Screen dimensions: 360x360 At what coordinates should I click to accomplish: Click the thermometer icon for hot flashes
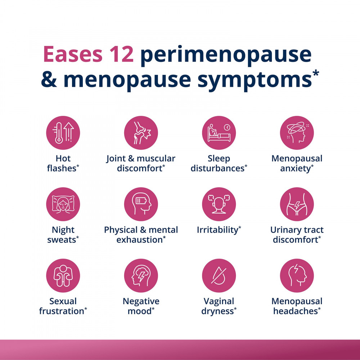tap(63, 133)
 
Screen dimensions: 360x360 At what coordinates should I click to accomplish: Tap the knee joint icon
tap(141, 133)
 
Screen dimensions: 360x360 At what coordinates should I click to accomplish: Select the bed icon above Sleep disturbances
tap(219, 133)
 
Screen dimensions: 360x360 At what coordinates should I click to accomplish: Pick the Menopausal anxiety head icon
tap(297, 133)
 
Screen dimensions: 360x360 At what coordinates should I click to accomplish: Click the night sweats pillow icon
tap(63, 204)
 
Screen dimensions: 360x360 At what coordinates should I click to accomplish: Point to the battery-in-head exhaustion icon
tap(141, 204)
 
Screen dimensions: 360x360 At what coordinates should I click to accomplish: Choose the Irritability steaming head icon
tap(219, 204)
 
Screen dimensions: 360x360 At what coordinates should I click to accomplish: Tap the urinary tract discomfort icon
tap(297, 204)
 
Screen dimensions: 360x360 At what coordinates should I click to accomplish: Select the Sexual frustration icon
tap(63, 275)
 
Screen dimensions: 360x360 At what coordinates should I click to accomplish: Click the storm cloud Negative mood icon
tap(141, 275)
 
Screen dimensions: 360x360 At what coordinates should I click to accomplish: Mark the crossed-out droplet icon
tap(219, 275)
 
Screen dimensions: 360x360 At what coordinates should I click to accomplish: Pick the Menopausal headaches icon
tap(297, 275)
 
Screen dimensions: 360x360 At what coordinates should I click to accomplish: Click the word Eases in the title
tap(73, 54)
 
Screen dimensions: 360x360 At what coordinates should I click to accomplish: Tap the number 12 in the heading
tap(121, 54)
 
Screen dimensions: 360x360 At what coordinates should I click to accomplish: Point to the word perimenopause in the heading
tap(226, 56)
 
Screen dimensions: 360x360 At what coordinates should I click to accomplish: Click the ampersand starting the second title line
tap(49, 80)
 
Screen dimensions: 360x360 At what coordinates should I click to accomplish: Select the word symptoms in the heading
tap(255, 81)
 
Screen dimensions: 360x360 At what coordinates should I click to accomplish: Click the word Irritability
tap(217, 230)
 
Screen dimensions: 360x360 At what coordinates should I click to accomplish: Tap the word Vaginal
tap(219, 301)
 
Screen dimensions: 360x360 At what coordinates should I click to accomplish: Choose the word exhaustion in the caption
tap(140, 240)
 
